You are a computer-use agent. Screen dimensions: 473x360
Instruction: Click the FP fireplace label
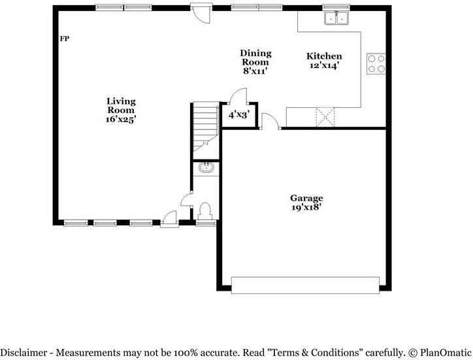pos(64,39)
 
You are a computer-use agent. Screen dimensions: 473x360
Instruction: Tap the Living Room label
pos(121,106)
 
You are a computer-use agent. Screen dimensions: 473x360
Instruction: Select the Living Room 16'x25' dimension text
pos(121,119)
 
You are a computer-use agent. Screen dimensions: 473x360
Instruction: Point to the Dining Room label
pos(255,57)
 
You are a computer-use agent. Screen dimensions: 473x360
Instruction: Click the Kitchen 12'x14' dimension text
pos(324,65)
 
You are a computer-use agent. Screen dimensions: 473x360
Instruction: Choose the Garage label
pos(306,198)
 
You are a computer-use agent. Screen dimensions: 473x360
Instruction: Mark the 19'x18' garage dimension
pos(306,207)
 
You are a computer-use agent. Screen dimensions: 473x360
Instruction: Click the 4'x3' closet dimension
pos(239,115)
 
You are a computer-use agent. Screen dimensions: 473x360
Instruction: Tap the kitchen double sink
pos(336,18)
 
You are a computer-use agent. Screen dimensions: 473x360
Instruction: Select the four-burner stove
pos(376,63)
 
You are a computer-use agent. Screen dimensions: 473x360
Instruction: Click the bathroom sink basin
pos(206,167)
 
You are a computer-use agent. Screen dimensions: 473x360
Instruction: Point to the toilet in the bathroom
pos(205,211)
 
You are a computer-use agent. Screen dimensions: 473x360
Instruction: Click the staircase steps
pos(206,127)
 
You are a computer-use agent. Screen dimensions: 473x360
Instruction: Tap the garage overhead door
pos(305,285)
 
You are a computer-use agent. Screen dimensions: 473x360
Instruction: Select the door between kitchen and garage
pos(271,122)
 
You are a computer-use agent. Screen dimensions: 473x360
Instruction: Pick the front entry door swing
pos(169,218)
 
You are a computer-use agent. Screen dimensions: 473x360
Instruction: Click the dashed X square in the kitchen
pos(325,117)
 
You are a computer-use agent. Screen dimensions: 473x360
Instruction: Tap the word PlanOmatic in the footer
pos(445,352)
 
